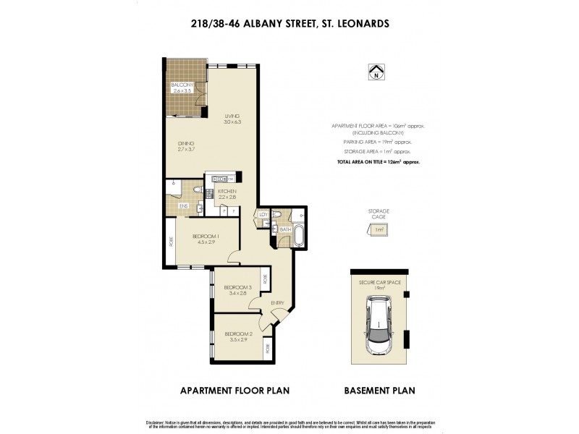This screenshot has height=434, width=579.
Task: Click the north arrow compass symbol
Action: tap(376, 72)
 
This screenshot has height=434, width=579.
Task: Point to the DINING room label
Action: tap(186, 145)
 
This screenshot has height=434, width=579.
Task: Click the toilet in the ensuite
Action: tap(198, 191)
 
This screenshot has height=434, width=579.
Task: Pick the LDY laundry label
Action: tap(263, 215)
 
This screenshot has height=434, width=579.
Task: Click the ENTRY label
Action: tap(277, 302)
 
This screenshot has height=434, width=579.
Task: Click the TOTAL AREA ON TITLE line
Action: tap(379, 163)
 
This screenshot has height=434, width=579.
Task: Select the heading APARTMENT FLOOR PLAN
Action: tap(234, 391)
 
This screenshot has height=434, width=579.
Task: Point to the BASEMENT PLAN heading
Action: tap(379, 391)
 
